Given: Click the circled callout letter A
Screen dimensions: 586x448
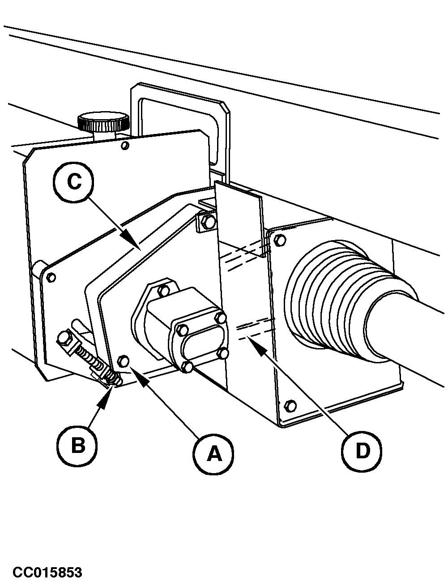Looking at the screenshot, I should (213, 453).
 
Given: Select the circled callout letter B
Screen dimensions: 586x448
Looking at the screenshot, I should (77, 445).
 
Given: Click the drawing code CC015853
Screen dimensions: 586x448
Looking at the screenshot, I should (48, 573).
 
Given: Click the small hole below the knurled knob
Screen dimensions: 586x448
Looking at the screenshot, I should (126, 146).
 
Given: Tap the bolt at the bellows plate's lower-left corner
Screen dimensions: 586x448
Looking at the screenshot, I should (290, 406).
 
